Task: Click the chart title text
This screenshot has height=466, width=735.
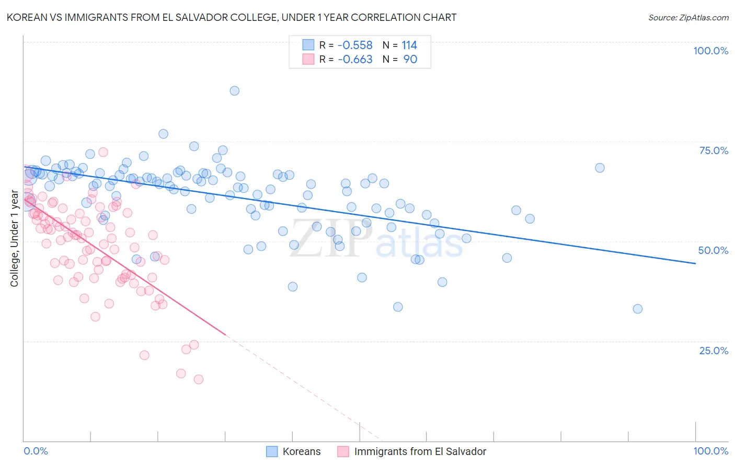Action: (231, 17)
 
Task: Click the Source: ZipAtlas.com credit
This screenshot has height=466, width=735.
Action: (688, 18)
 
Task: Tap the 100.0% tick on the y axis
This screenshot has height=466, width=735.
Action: (710, 51)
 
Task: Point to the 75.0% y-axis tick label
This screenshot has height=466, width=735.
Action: (714, 150)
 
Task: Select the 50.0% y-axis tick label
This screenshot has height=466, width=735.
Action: (713, 250)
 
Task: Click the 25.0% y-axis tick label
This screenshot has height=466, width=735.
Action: (714, 351)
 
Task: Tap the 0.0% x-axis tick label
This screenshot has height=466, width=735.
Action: (36, 451)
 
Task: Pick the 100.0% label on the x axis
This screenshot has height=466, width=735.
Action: (710, 451)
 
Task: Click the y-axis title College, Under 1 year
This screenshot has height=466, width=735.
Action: (15, 239)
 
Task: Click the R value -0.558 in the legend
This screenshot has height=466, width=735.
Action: (355, 45)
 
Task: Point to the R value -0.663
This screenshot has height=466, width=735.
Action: (355, 60)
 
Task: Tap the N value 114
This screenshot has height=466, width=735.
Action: (409, 45)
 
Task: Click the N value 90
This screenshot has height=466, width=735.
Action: (410, 60)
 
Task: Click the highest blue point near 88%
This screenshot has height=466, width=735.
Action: (235, 91)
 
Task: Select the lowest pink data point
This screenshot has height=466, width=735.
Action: (199, 379)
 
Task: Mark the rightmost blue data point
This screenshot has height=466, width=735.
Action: (638, 309)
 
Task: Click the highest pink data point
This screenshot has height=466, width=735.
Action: (104, 152)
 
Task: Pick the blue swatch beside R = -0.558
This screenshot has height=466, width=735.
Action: (308, 45)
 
